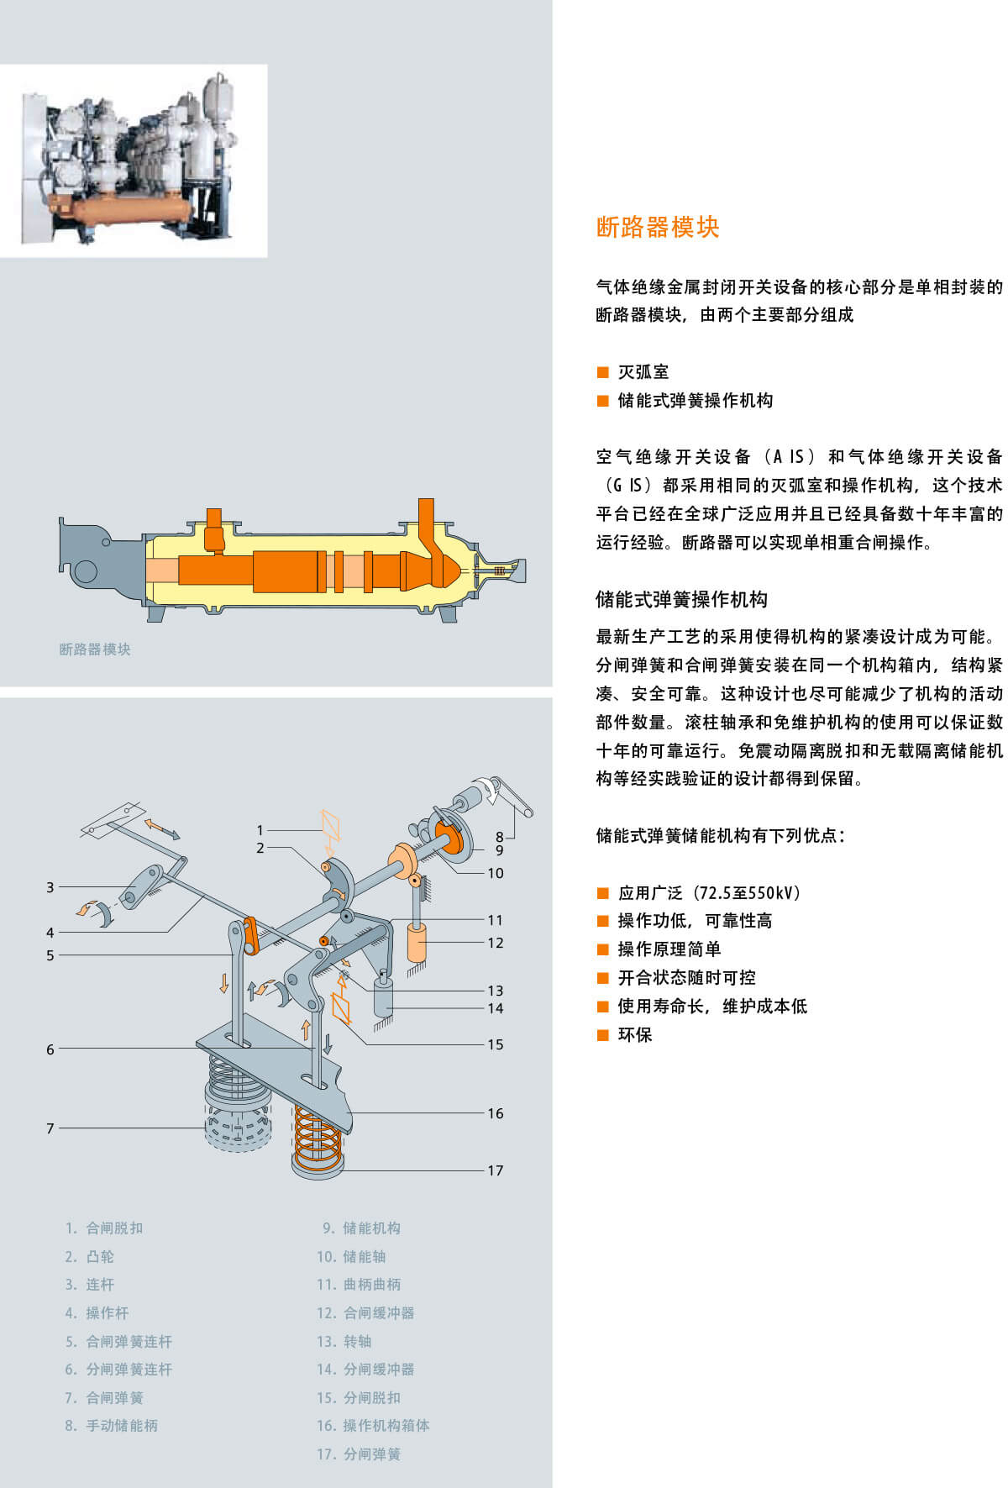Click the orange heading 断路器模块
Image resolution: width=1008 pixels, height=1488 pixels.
click(658, 228)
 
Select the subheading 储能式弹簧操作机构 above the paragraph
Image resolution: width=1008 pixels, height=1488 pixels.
click(681, 599)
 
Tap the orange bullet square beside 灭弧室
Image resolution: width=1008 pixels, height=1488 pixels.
click(602, 372)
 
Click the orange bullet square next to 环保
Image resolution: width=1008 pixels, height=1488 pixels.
click(602, 1034)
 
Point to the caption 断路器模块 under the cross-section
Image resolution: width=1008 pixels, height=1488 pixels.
click(95, 649)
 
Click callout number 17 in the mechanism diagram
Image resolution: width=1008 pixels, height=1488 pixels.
click(496, 1170)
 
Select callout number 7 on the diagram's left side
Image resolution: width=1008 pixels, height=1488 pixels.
click(50, 1128)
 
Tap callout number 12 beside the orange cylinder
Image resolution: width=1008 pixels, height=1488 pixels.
click(496, 943)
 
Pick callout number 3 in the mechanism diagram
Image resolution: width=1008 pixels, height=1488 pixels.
click(50, 887)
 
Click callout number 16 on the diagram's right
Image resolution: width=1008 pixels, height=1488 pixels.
click(496, 1113)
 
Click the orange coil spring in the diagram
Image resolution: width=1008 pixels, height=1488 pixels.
click(318, 1138)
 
